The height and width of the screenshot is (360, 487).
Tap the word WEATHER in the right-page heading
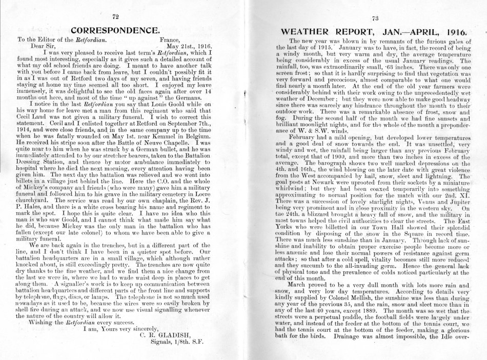[311, 31]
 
